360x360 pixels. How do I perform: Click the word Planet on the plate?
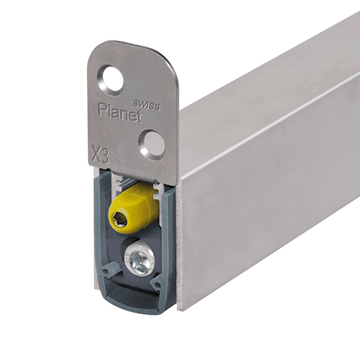coord(120,112)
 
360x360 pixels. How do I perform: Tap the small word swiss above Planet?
coord(147,105)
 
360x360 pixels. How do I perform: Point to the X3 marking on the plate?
coord(100,154)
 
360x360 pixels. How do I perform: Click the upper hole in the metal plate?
coord(112,80)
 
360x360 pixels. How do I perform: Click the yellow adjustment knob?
coord(133,208)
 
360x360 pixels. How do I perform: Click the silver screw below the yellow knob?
coord(139,260)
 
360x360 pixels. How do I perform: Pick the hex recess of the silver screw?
coord(139,260)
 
